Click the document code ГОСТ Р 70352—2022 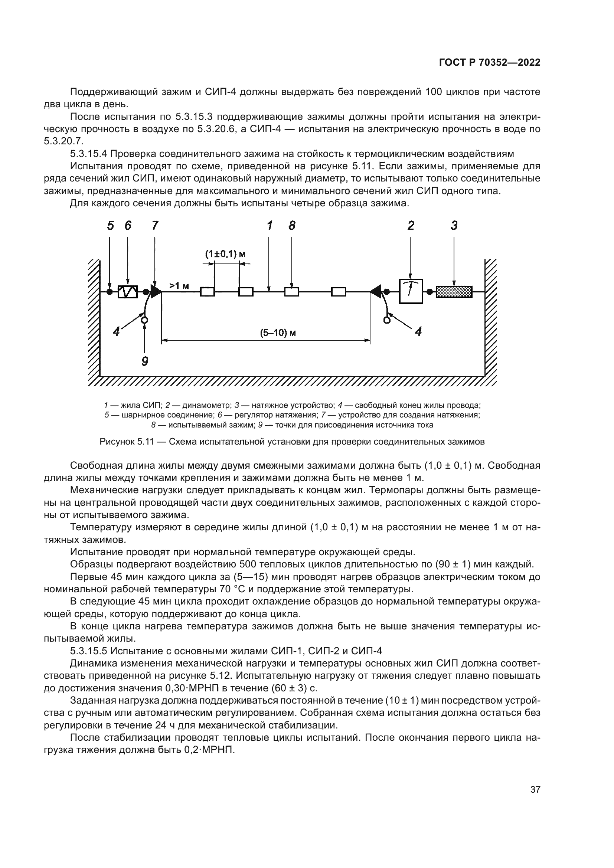click(x=489, y=63)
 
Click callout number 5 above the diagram click(x=110, y=226)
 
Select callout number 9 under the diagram click(x=145, y=361)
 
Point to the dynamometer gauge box click(x=411, y=291)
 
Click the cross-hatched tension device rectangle click(x=454, y=292)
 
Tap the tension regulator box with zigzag click(x=127, y=292)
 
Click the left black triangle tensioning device click(x=156, y=291)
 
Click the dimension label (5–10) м click(x=278, y=333)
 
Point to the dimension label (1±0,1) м click(x=225, y=254)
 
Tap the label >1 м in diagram click(x=179, y=286)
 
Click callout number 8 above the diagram click(x=292, y=226)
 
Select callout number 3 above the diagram click(x=454, y=226)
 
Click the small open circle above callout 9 click(x=144, y=320)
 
